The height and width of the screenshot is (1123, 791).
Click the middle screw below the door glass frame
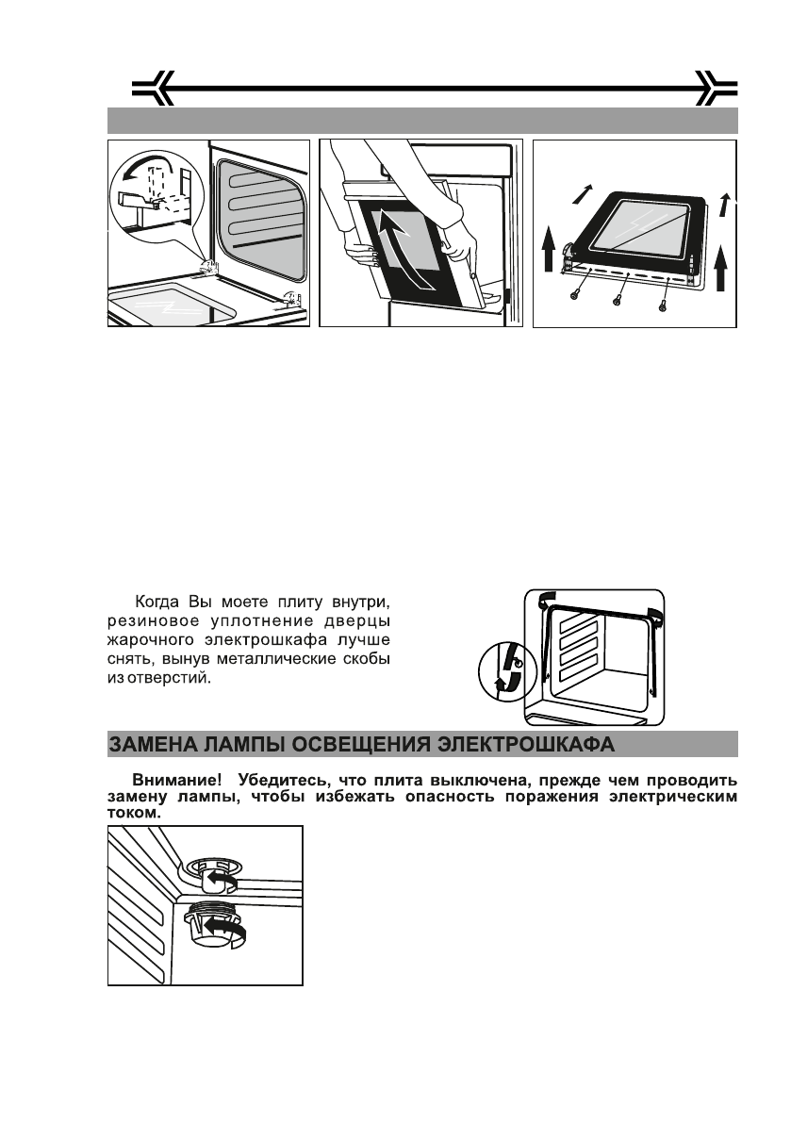(x=617, y=300)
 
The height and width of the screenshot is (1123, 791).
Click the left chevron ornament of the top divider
(x=151, y=89)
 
